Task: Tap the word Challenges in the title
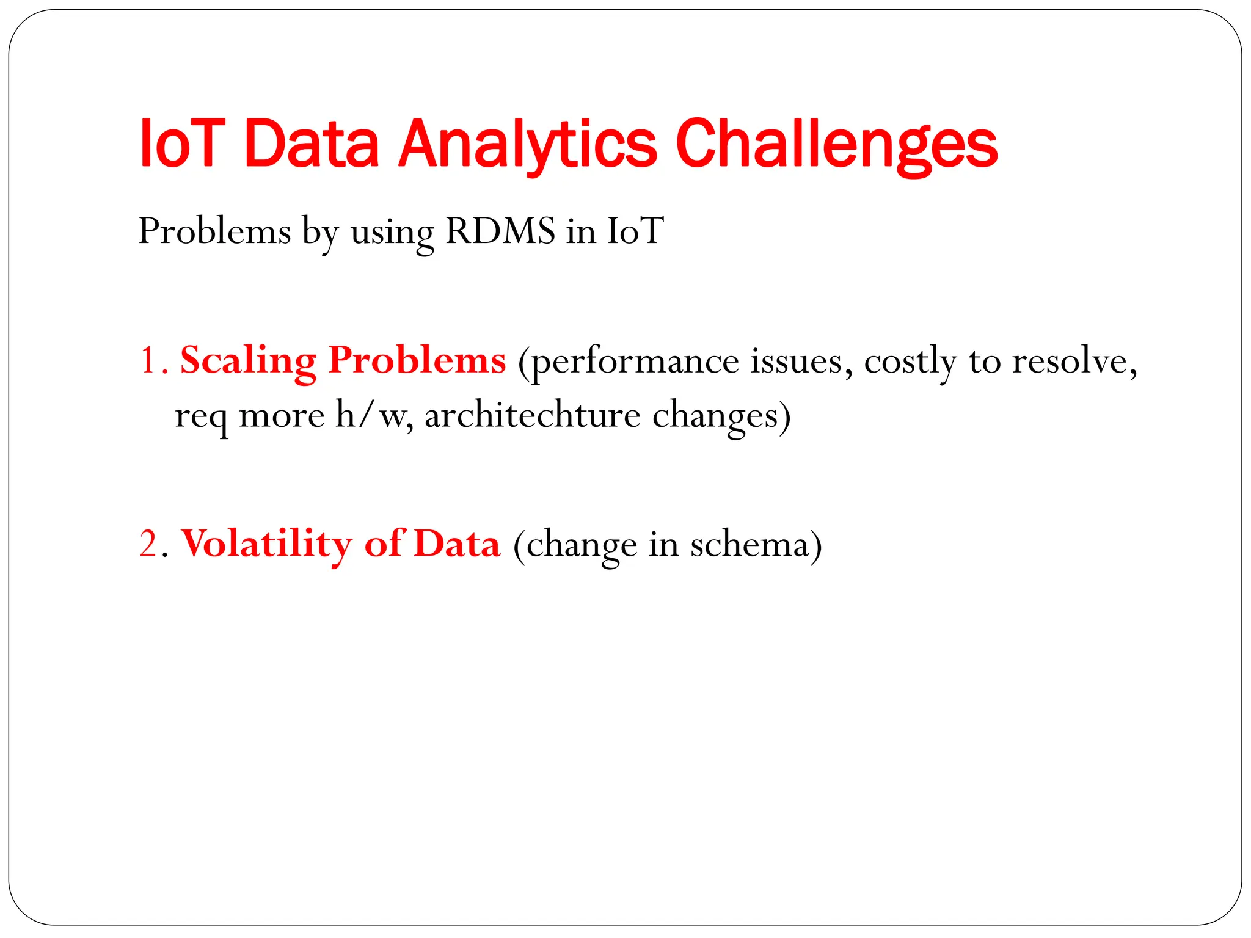point(836,145)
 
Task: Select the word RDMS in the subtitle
point(500,231)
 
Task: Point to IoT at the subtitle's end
point(635,231)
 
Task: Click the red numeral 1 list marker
point(148,360)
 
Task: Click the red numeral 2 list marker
point(148,544)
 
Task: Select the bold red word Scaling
point(248,360)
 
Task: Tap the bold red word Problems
point(417,360)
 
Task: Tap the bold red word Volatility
point(267,544)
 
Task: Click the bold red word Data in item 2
point(457,544)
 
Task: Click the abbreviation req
point(201,418)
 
